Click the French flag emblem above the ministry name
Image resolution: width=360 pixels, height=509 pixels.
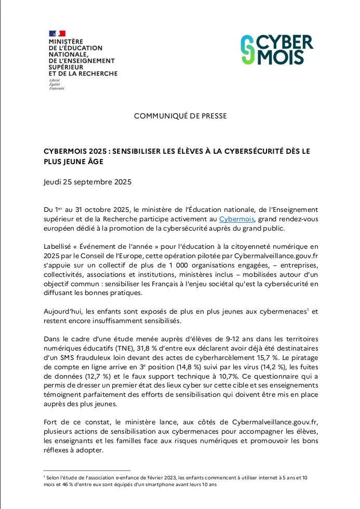57,34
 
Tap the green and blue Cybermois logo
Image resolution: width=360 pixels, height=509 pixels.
277,50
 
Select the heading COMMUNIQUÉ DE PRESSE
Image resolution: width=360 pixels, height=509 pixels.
180,116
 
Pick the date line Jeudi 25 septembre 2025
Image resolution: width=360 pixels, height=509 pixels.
88,182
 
